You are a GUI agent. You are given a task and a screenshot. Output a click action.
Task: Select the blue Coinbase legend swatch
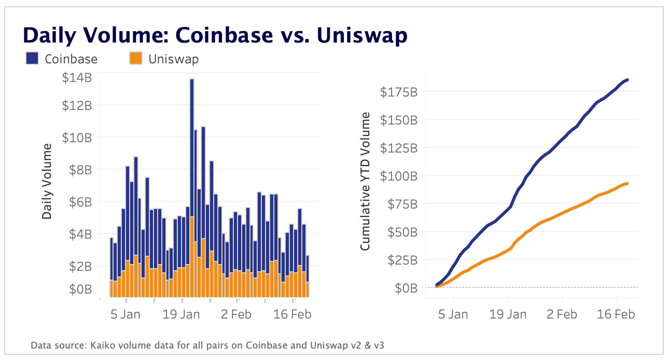click(x=32, y=59)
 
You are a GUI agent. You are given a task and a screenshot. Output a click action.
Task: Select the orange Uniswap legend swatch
click(x=135, y=59)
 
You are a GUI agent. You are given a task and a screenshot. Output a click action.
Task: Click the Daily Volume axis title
click(x=47, y=181)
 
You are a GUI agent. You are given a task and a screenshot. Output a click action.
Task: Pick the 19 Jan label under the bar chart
click(x=182, y=315)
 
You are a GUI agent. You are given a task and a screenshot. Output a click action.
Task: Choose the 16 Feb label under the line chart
click(x=616, y=315)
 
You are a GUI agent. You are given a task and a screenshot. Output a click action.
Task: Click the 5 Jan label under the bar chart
click(x=126, y=315)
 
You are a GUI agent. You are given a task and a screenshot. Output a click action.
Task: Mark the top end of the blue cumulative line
click(x=628, y=80)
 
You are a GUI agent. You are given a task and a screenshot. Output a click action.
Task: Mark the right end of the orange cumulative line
click(x=628, y=183)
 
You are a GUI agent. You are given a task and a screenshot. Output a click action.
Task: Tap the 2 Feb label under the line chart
click(x=562, y=315)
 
